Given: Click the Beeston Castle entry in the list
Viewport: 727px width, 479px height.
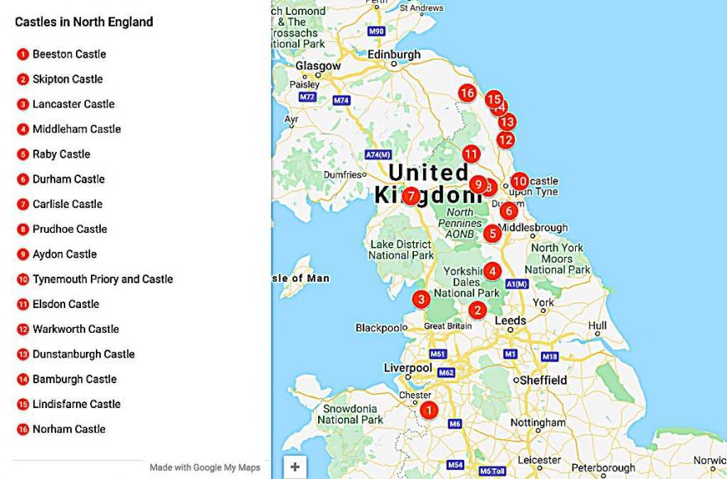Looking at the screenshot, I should [x=69, y=55].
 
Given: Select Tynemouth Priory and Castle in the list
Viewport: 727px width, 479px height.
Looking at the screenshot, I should [x=102, y=279].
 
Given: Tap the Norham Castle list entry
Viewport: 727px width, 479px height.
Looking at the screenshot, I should [x=69, y=429].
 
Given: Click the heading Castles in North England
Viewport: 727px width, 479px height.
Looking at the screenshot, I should [x=83, y=22].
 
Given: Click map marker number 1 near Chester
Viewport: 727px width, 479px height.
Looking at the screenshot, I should [x=428, y=410].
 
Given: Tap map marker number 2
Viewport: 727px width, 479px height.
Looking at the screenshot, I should [x=477, y=311].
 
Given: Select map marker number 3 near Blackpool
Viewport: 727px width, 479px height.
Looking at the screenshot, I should [x=421, y=299].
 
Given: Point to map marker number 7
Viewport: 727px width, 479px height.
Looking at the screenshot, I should [x=411, y=197].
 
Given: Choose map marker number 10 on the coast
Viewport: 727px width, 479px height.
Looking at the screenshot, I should [x=519, y=181].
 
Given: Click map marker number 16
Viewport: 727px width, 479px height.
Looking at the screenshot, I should [x=468, y=93].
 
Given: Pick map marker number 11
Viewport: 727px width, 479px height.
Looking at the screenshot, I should [x=471, y=154].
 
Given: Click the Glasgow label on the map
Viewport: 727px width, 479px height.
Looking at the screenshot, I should [x=318, y=66].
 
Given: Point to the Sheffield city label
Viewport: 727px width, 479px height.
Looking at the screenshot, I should [x=544, y=380].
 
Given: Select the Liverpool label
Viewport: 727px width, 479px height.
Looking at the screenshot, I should [x=408, y=368].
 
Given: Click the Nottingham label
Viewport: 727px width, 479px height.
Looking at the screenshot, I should [x=538, y=423].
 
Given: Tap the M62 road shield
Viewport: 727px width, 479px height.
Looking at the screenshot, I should [x=446, y=372].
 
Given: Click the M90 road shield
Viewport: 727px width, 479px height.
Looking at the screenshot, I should [x=377, y=31].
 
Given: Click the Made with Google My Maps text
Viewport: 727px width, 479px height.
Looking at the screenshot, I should [x=205, y=467].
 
